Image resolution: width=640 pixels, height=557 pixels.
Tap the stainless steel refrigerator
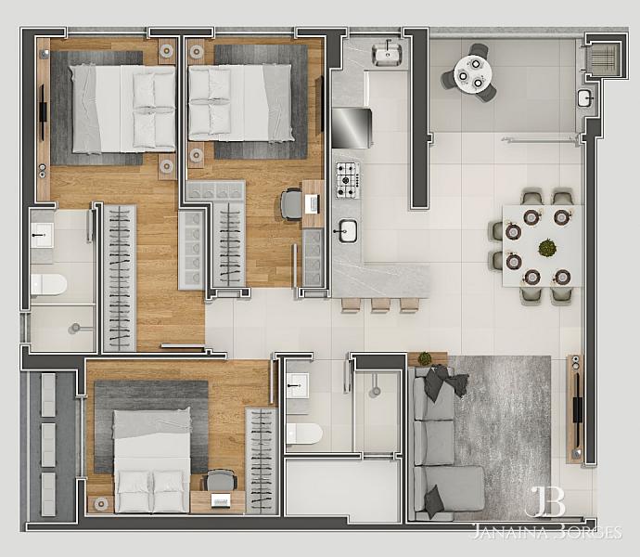click(352, 128)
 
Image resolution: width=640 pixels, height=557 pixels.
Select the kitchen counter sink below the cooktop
click(347, 231)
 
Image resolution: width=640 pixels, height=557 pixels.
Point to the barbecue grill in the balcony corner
click(606, 57)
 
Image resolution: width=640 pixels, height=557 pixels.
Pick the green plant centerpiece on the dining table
click(547, 248)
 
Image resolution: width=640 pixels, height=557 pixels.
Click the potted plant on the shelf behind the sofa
click(425, 358)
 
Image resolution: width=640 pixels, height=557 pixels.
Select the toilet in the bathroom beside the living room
click(304, 434)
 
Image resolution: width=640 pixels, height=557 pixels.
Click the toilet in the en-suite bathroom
click(49, 284)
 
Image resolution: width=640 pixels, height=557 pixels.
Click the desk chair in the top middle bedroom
click(290, 203)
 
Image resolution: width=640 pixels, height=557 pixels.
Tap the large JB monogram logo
click(544, 501)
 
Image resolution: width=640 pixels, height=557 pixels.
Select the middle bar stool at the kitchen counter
click(380, 305)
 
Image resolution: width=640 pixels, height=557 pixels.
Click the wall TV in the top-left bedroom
click(43, 112)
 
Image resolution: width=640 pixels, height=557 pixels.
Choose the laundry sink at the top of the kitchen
click(387, 55)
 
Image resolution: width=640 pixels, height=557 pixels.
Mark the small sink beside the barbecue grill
click(585, 99)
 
